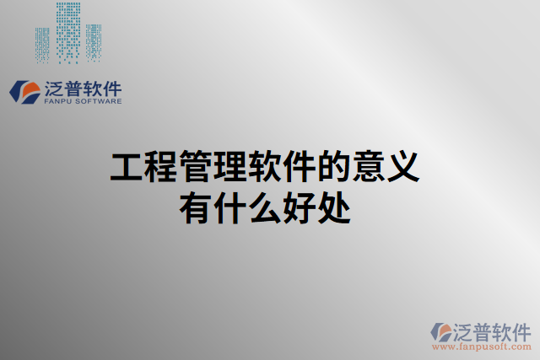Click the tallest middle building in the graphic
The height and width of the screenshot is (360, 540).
68,32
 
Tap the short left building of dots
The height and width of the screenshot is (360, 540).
42,45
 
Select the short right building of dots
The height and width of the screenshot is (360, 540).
93,43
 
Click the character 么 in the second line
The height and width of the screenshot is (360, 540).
264,207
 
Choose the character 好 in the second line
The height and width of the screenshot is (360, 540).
299,207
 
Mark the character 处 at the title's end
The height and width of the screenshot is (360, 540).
333,207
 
